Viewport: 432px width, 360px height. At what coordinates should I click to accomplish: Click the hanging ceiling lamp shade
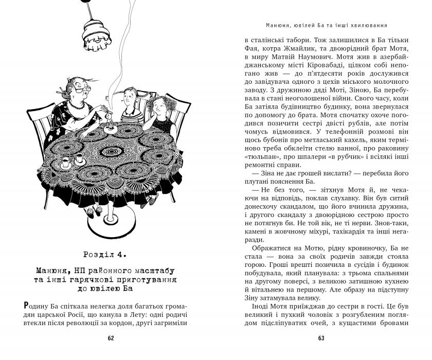(x=98, y=34)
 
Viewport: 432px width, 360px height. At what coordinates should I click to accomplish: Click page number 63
(x=321, y=338)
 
